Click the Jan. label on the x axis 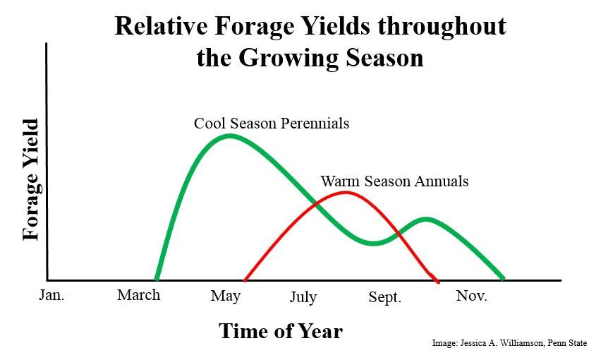[51, 295]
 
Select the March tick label [138, 295]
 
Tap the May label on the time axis [226, 296]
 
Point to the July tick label [303, 297]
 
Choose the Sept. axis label [384, 297]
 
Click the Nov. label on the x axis [471, 295]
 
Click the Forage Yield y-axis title [31, 180]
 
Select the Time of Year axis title [280, 330]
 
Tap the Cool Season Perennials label [272, 124]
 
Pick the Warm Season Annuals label [394, 181]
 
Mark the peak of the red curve [344, 192]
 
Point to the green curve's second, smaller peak [425, 219]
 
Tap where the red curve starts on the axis [245, 280]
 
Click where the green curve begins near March [157, 279]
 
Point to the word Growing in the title [288, 57]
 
